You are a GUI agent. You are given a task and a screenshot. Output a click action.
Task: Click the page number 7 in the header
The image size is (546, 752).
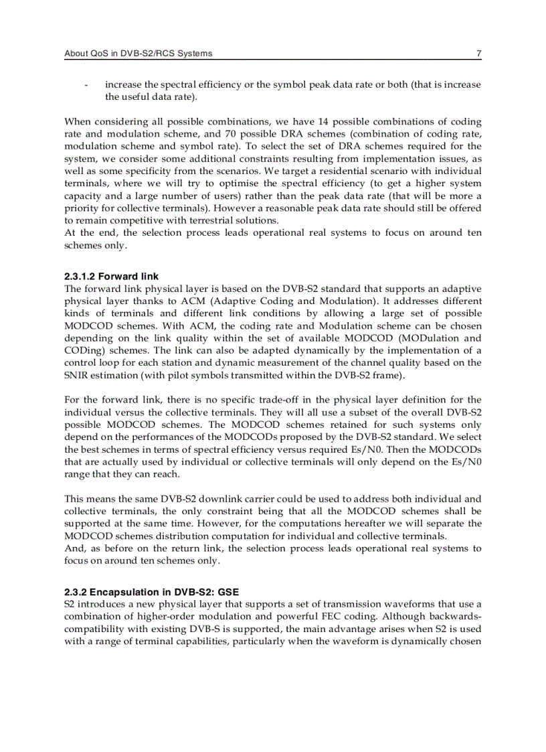[x=478, y=54]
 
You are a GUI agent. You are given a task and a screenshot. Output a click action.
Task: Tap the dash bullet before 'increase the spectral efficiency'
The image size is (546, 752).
[x=86, y=85]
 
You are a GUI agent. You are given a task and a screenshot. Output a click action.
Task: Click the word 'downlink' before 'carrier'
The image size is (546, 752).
[x=224, y=499]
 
